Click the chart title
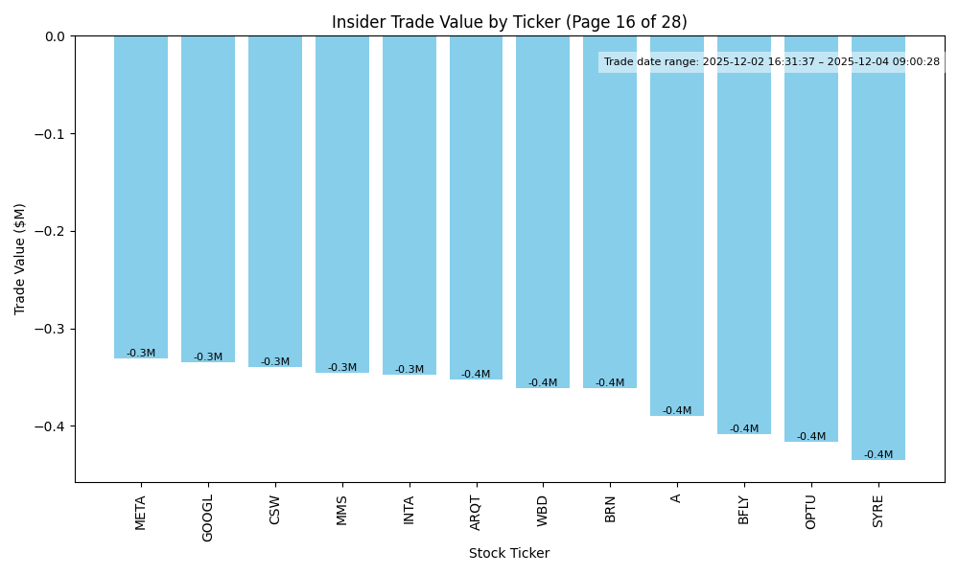coord(509,22)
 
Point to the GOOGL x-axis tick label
coord(208,518)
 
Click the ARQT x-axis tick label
coord(476,513)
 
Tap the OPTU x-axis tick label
coord(811,513)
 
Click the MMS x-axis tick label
coord(342,510)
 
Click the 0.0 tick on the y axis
coord(55,36)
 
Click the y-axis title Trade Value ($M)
coord(20,259)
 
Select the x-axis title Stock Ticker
coord(509,553)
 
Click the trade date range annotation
coord(772,62)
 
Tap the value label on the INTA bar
coord(409,370)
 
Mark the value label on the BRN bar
coord(610,383)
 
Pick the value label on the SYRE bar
coord(878,455)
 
